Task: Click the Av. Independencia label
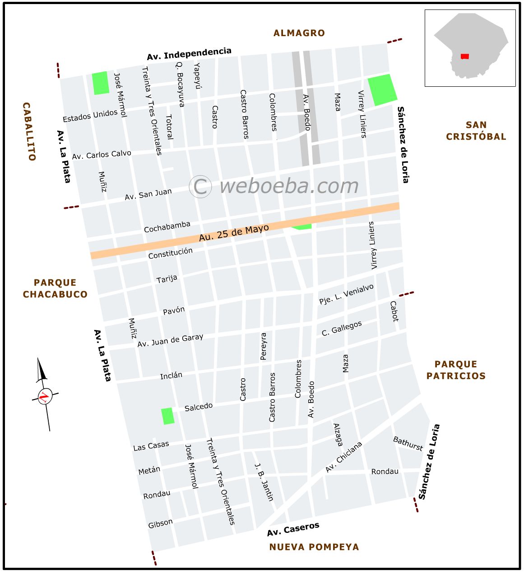[189, 54]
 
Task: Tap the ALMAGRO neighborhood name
[299, 33]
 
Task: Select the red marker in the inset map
[464, 56]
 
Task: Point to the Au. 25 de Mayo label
[234, 233]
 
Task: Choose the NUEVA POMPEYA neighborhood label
[314, 547]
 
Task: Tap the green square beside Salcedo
[168, 416]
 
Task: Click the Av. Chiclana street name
[344, 457]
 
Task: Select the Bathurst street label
[408, 443]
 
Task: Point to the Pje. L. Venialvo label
[346, 294]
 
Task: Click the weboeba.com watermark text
[289, 186]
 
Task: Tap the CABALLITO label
[28, 132]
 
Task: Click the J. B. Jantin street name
[264, 482]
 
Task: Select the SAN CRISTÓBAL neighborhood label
[476, 131]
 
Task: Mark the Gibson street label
[160, 523]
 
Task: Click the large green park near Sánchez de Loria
[382, 90]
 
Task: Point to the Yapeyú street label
[197, 75]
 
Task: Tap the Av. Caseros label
[293, 529]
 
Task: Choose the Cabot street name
[394, 311]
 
